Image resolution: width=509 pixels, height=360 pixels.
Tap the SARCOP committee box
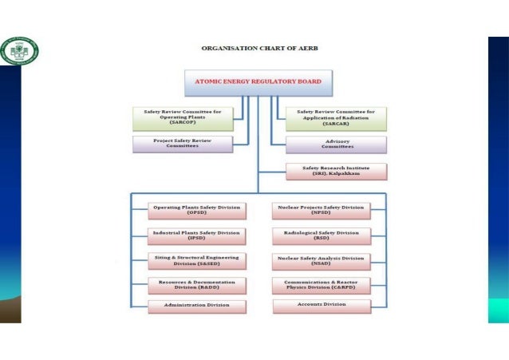pos(183,118)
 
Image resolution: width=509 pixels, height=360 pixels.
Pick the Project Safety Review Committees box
pos(183,144)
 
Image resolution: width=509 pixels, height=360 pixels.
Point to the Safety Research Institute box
pos(336,171)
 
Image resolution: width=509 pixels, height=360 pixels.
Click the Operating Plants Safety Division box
pos(196,210)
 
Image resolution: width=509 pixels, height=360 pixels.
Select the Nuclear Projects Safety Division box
pos(322,210)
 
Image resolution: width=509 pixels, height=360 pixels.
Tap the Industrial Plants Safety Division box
pos(196,235)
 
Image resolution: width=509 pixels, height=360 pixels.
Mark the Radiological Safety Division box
pos(322,235)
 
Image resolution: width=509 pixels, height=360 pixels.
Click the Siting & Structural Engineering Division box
pos(196,261)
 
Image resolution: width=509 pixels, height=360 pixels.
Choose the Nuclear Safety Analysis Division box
pos(322,261)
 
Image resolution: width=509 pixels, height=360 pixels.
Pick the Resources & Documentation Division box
pos(196,285)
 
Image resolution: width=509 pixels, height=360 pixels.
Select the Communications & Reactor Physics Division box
pos(322,285)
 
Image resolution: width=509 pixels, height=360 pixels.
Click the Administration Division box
pos(196,305)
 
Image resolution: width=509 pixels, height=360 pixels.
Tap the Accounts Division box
pos(322,305)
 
